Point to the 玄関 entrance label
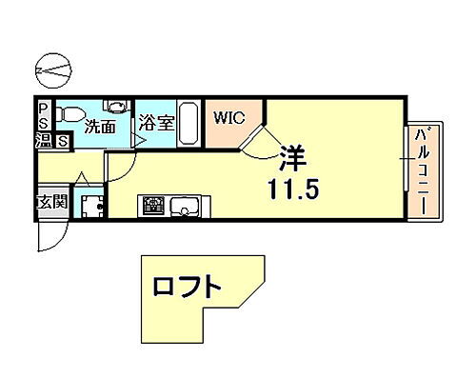[x=51, y=203]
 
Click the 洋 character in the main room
[x=291, y=154]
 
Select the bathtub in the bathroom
[x=187, y=122]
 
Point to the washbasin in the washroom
[x=115, y=106]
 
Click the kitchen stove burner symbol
[x=153, y=205]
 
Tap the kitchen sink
[x=183, y=205]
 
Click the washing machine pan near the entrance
[x=91, y=206]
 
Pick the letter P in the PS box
[x=44, y=108]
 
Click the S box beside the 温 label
[x=62, y=143]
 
